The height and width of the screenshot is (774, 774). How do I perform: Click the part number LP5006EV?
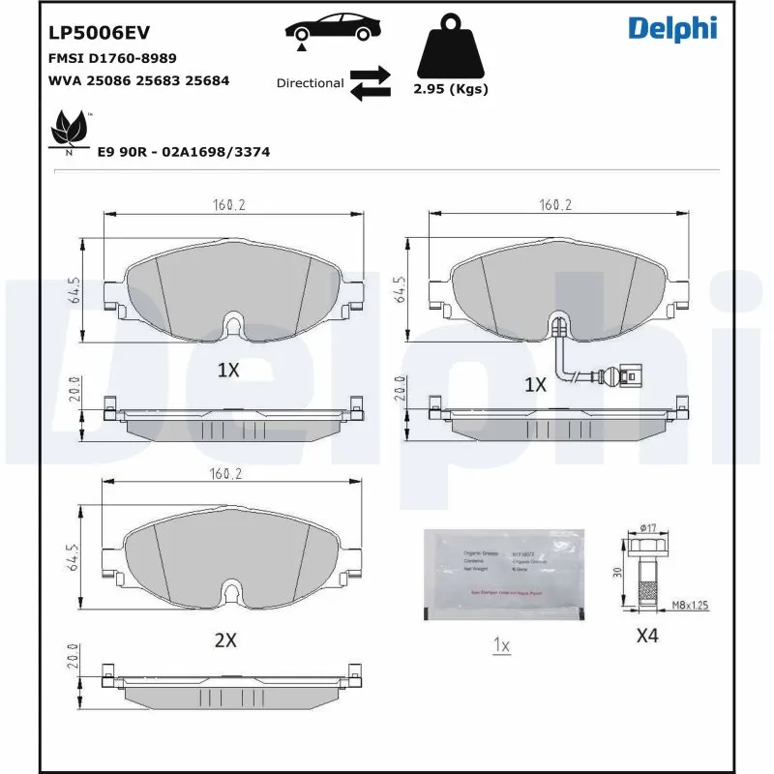(99, 32)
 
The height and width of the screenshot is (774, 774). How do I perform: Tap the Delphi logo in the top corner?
(672, 29)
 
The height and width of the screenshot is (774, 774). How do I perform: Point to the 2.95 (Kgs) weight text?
(450, 89)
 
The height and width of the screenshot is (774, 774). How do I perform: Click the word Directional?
(310, 83)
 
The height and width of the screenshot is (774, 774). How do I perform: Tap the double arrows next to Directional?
(370, 83)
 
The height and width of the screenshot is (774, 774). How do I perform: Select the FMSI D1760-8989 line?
(112, 58)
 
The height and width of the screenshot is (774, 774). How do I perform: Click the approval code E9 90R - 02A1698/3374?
(183, 152)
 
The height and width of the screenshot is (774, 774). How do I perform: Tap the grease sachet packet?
(504, 575)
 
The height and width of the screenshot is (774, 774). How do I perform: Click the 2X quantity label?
(225, 640)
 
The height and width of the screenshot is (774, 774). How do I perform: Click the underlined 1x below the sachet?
(501, 644)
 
